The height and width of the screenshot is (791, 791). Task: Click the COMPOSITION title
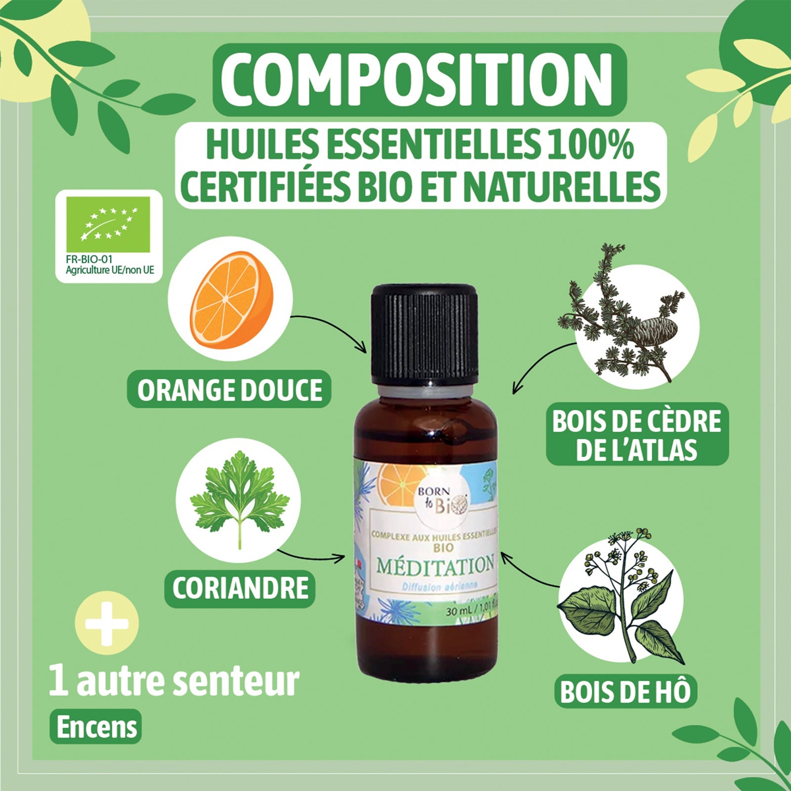tap(419, 80)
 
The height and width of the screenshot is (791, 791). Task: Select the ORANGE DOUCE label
tap(229, 390)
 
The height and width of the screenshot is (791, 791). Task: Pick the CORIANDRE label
tap(240, 588)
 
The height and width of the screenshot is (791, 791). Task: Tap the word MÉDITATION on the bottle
tap(435, 565)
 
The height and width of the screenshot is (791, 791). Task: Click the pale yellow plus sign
tap(107, 623)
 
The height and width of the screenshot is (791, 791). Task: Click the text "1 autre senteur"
tap(174, 681)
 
